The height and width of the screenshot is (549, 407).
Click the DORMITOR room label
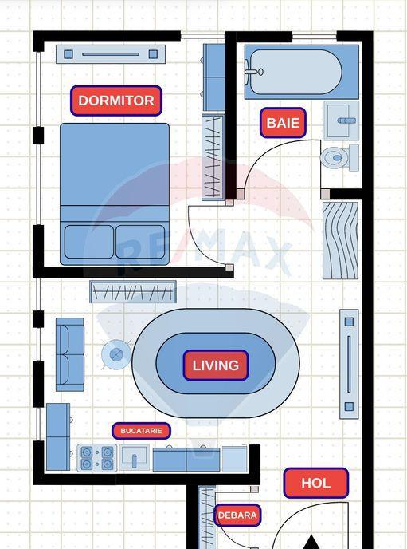(x=116, y=101)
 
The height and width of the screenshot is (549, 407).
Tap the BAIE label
(x=283, y=123)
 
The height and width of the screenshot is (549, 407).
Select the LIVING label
(x=216, y=365)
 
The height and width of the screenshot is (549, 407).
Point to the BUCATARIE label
(x=141, y=431)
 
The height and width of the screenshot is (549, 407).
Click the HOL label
(x=316, y=484)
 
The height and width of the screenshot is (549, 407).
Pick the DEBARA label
(x=237, y=515)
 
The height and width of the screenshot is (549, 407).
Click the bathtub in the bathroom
(x=302, y=72)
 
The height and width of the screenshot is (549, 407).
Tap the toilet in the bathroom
(x=339, y=158)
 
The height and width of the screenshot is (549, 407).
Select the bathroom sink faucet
(x=346, y=120)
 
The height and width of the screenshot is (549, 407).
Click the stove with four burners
(x=97, y=458)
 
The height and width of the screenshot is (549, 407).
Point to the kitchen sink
(x=135, y=457)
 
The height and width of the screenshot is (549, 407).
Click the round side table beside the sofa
(x=116, y=354)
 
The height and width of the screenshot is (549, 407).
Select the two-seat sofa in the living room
(x=70, y=354)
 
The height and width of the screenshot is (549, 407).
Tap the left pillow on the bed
(x=89, y=242)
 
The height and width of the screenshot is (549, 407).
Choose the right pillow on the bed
(x=140, y=242)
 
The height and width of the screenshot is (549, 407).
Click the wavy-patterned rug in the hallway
(x=340, y=240)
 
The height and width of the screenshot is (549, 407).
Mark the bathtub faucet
(x=253, y=72)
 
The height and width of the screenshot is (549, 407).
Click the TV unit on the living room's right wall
(x=349, y=364)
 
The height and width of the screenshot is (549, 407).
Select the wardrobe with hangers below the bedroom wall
(x=133, y=292)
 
